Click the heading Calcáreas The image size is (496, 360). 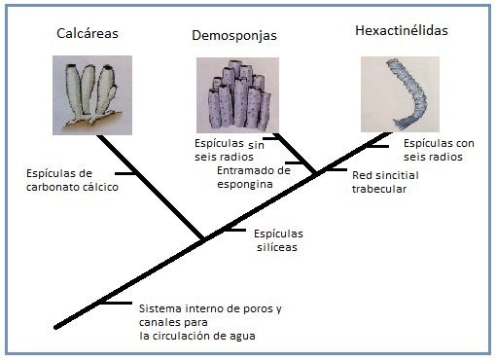88,33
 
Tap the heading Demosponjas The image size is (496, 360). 234,35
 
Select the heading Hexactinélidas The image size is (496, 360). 402,30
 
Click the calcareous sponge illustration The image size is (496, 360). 92,95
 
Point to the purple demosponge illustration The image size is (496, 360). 237,95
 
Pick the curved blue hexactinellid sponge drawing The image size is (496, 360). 400,94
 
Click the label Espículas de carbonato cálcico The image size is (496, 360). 72,180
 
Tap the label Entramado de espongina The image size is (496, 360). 254,177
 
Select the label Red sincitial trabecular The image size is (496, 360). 385,182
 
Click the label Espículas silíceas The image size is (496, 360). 278,240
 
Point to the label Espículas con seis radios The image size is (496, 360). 439,150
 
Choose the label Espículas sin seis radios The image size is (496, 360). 230,150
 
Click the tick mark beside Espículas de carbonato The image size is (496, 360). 125,173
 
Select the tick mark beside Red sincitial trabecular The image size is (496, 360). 336,169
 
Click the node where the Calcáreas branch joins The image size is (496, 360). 203,240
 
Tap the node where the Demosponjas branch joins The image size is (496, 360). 315,174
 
